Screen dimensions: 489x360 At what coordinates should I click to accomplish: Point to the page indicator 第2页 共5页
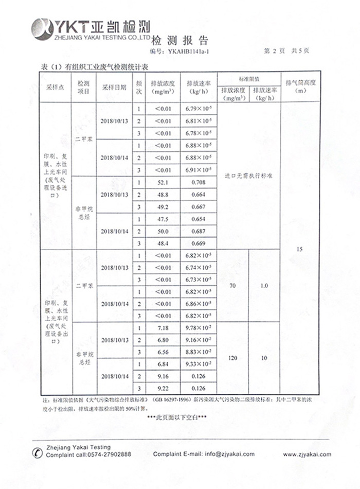[x=286, y=51]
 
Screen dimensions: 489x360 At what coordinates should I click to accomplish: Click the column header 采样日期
[x=114, y=87]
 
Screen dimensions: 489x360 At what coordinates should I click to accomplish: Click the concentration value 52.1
[x=163, y=183]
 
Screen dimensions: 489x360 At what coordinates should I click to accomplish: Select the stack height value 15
[x=300, y=250]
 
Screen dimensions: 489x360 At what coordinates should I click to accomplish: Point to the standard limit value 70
[x=232, y=285]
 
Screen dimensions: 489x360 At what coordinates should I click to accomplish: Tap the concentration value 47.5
[x=163, y=219]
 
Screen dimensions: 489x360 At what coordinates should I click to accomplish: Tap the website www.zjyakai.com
[x=307, y=454]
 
